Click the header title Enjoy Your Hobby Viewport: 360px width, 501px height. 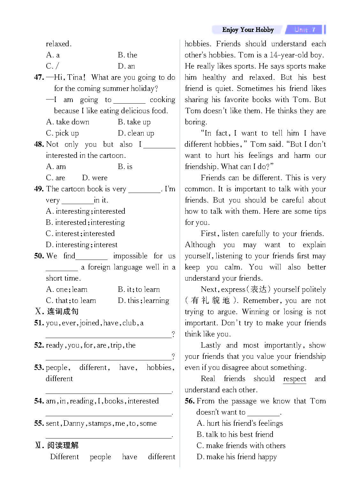pyautogui.click(x=248, y=30)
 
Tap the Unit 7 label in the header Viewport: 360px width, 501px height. pyautogui.click(x=305, y=30)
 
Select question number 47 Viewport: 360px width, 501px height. pyautogui.click(x=39, y=77)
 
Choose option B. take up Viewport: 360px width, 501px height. pyautogui.click(x=134, y=122)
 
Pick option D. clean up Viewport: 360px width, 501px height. pyautogui.click(x=136, y=133)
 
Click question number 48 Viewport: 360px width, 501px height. pyautogui.click(x=39, y=144)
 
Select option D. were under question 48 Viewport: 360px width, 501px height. pyautogui.click(x=94, y=178)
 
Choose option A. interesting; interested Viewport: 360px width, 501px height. pyautogui.click(x=86, y=211)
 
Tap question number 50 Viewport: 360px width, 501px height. pyautogui.click(x=39, y=256)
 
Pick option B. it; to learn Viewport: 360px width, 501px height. pyautogui.click(x=139, y=290)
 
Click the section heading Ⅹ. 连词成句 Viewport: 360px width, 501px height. pyautogui.click(x=56, y=312)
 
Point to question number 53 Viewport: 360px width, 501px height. pyautogui.click(x=39, y=368)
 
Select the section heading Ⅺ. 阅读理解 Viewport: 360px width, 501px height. pyautogui.click(x=56, y=446)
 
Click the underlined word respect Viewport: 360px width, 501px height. pyautogui.click(x=294, y=379)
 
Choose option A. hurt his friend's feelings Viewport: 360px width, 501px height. pyautogui.click(x=240, y=424)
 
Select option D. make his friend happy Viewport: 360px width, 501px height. pyautogui.click(x=236, y=457)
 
